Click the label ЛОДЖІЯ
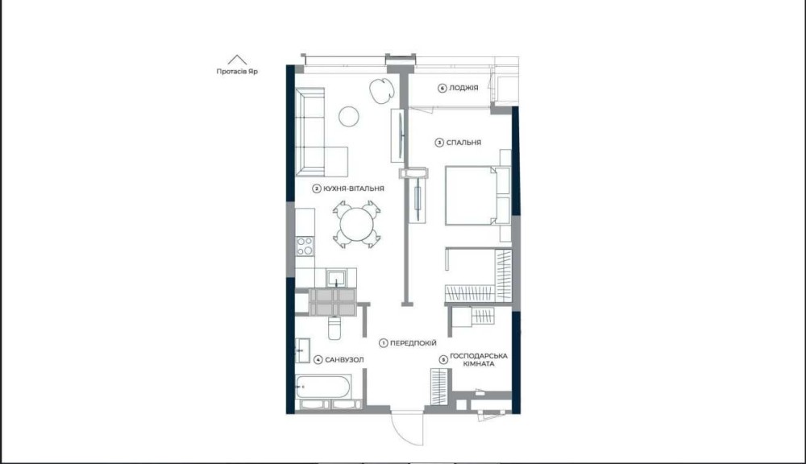(x=463, y=88)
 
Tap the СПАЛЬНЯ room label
(x=463, y=143)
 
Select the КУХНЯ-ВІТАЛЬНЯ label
(x=354, y=188)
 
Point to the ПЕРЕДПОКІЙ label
(x=413, y=342)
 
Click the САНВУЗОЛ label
(x=344, y=360)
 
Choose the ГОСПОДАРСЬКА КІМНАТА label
(x=479, y=360)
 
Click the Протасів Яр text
(x=237, y=72)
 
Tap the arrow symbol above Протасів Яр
(x=237, y=60)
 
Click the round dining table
(x=356, y=224)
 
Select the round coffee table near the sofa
(x=348, y=117)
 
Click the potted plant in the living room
(x=381, y=90)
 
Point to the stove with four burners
(x=305, y=246)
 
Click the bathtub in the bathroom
(x=323, y=387)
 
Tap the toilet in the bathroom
(x=334, y=327)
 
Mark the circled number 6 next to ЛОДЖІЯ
(x=442, y=89)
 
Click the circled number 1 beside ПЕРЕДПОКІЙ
(x=383, y=343)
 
